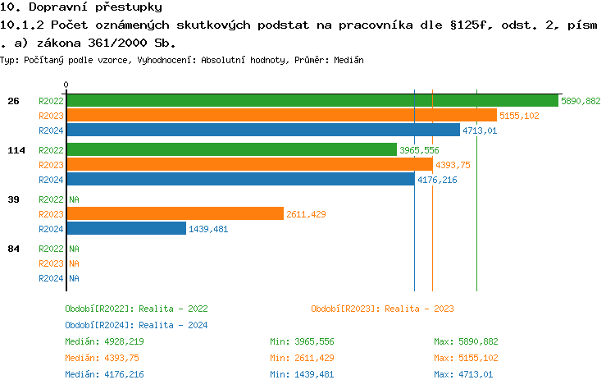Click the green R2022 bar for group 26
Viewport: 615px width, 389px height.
point(312,101)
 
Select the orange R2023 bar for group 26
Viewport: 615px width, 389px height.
point(281,116)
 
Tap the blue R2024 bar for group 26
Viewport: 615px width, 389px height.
point(263,130)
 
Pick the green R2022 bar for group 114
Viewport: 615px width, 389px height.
point(231,150)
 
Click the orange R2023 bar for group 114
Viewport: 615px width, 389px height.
point(249,165)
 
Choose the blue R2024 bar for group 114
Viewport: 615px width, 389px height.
point(240,180)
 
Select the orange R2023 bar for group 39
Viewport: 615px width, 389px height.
point(175,214)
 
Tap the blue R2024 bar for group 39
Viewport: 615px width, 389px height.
point(126,229)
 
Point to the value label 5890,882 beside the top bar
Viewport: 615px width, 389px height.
point(581,101)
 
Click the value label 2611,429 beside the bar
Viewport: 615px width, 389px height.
point(306,214)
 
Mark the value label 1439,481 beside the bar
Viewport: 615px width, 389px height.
point(208,229)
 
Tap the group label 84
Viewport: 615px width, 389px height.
point(13,249)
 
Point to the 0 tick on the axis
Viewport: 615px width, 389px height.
point(66,85)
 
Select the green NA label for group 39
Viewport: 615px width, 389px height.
point(74,199)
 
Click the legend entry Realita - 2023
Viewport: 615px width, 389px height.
point(382,309)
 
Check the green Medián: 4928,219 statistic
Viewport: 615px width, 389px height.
point(104,341)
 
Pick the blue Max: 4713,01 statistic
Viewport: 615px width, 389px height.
point(463,374)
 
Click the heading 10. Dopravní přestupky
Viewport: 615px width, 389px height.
point(81,7)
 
